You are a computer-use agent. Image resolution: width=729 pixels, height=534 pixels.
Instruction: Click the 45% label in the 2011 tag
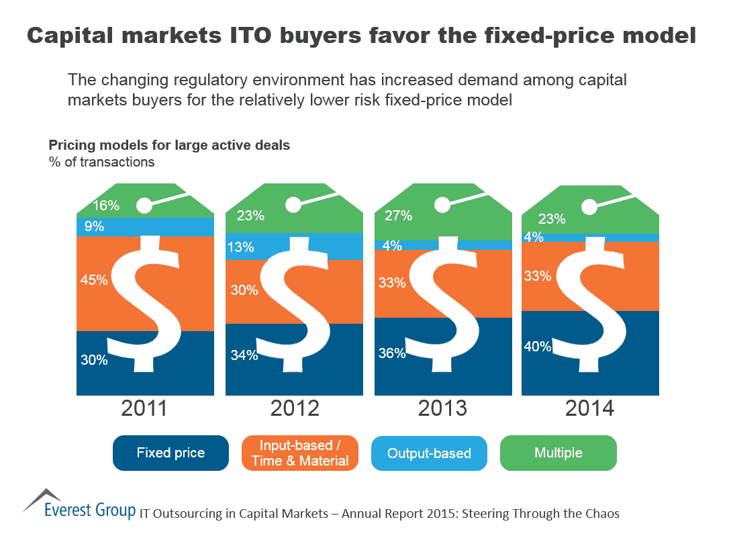click(94, 280)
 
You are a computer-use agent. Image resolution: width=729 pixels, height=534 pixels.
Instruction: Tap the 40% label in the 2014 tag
click(538, 347)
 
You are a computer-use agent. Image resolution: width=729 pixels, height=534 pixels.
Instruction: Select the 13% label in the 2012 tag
click(241, 247)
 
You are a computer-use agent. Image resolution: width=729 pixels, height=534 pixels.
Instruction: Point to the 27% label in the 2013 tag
click(399, 216)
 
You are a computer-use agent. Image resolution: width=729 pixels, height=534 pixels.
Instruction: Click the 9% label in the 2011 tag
click(94, 227)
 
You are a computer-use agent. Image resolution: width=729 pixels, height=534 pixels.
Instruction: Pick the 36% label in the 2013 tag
click(392, 353)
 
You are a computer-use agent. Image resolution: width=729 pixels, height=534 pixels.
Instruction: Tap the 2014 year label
click(589, 408)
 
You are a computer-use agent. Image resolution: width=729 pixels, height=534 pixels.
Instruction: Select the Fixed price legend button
click(171, 453)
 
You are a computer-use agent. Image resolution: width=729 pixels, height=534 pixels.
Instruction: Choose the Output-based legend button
click(429, 453)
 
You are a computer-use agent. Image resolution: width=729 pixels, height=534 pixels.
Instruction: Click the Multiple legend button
click(558, 453)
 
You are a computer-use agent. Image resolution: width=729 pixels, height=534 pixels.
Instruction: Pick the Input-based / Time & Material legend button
click(300, 453)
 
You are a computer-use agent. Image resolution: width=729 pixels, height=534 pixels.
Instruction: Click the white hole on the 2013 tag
click(442, 206)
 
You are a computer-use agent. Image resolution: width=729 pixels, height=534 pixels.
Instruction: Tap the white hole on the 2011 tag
click(145, 205)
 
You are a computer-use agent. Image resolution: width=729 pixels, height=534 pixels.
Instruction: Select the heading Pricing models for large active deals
click(169, 145)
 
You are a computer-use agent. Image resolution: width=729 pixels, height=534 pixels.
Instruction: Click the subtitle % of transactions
click(101, 162)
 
